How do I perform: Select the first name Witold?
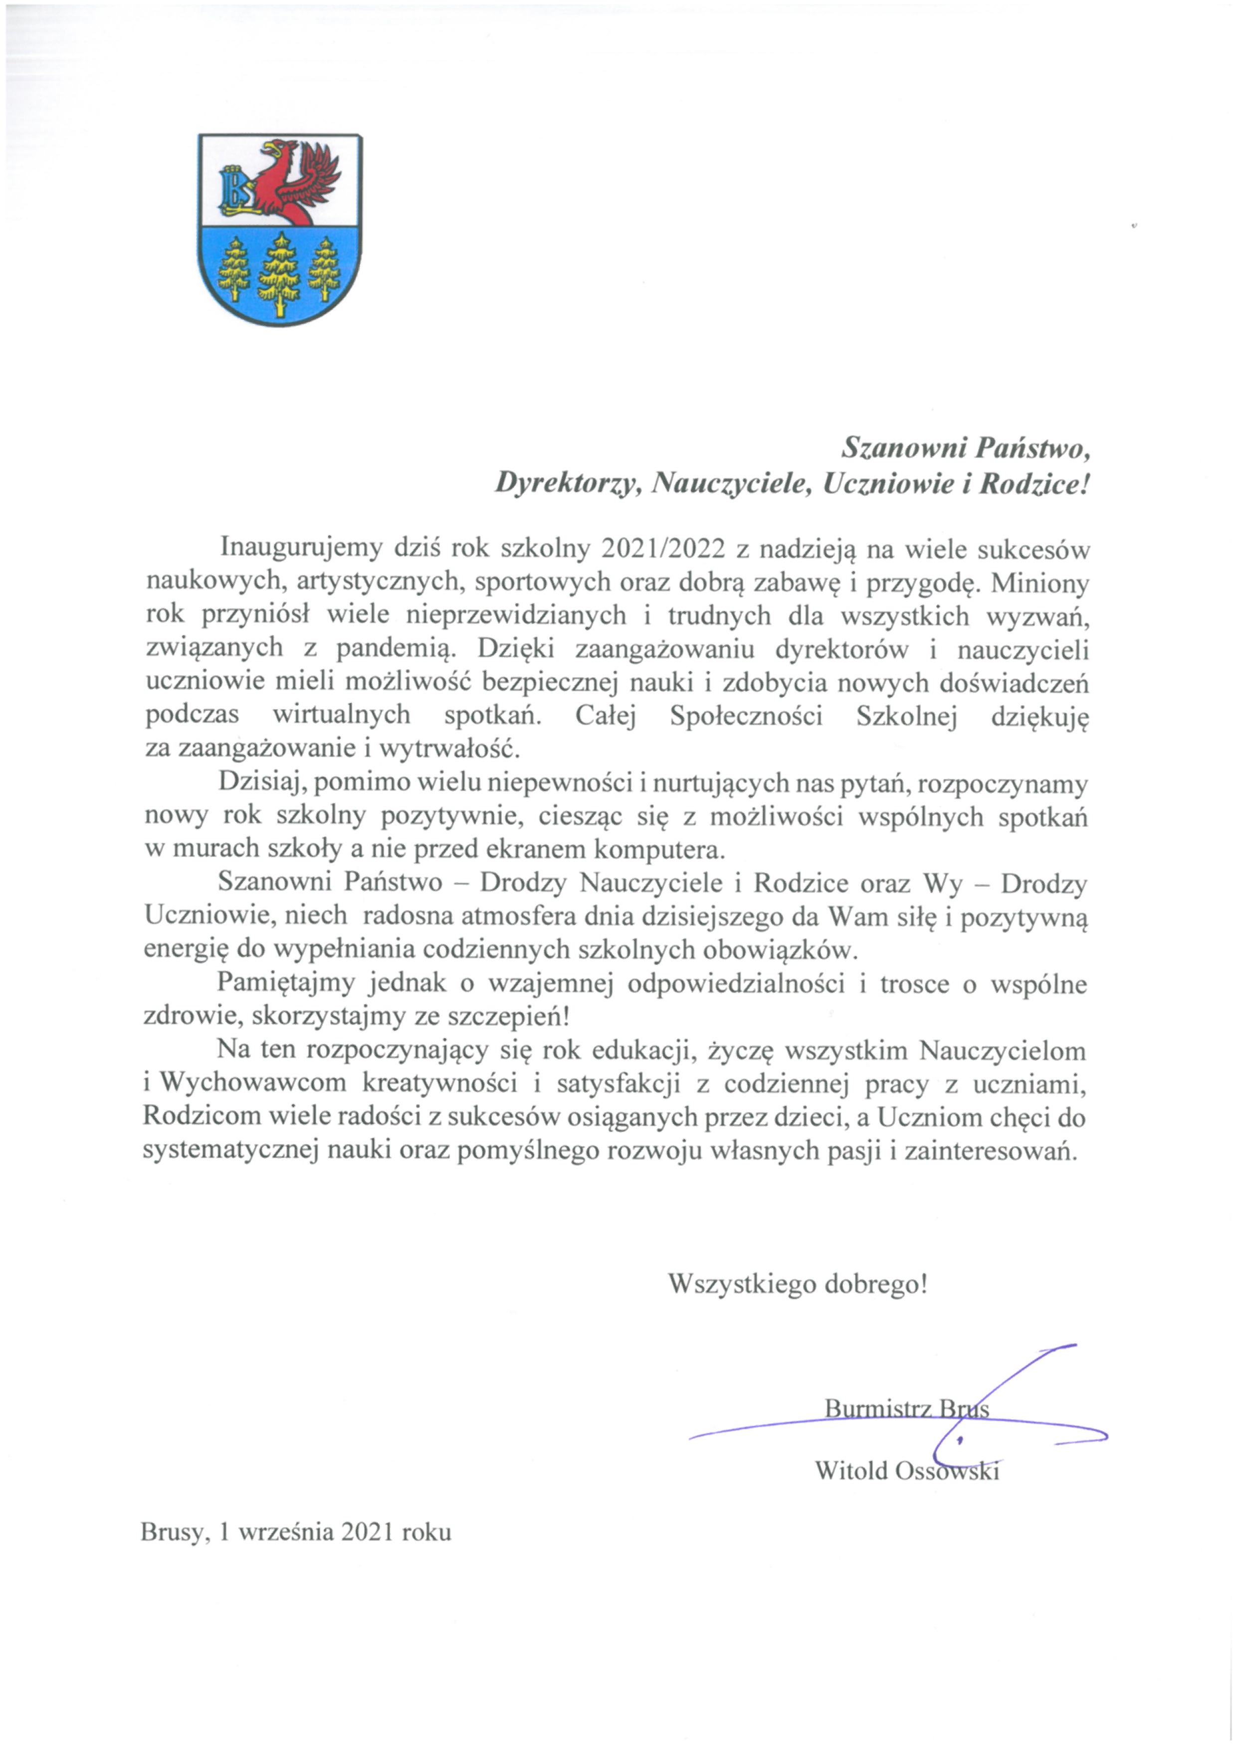(x=851, y=1470)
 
